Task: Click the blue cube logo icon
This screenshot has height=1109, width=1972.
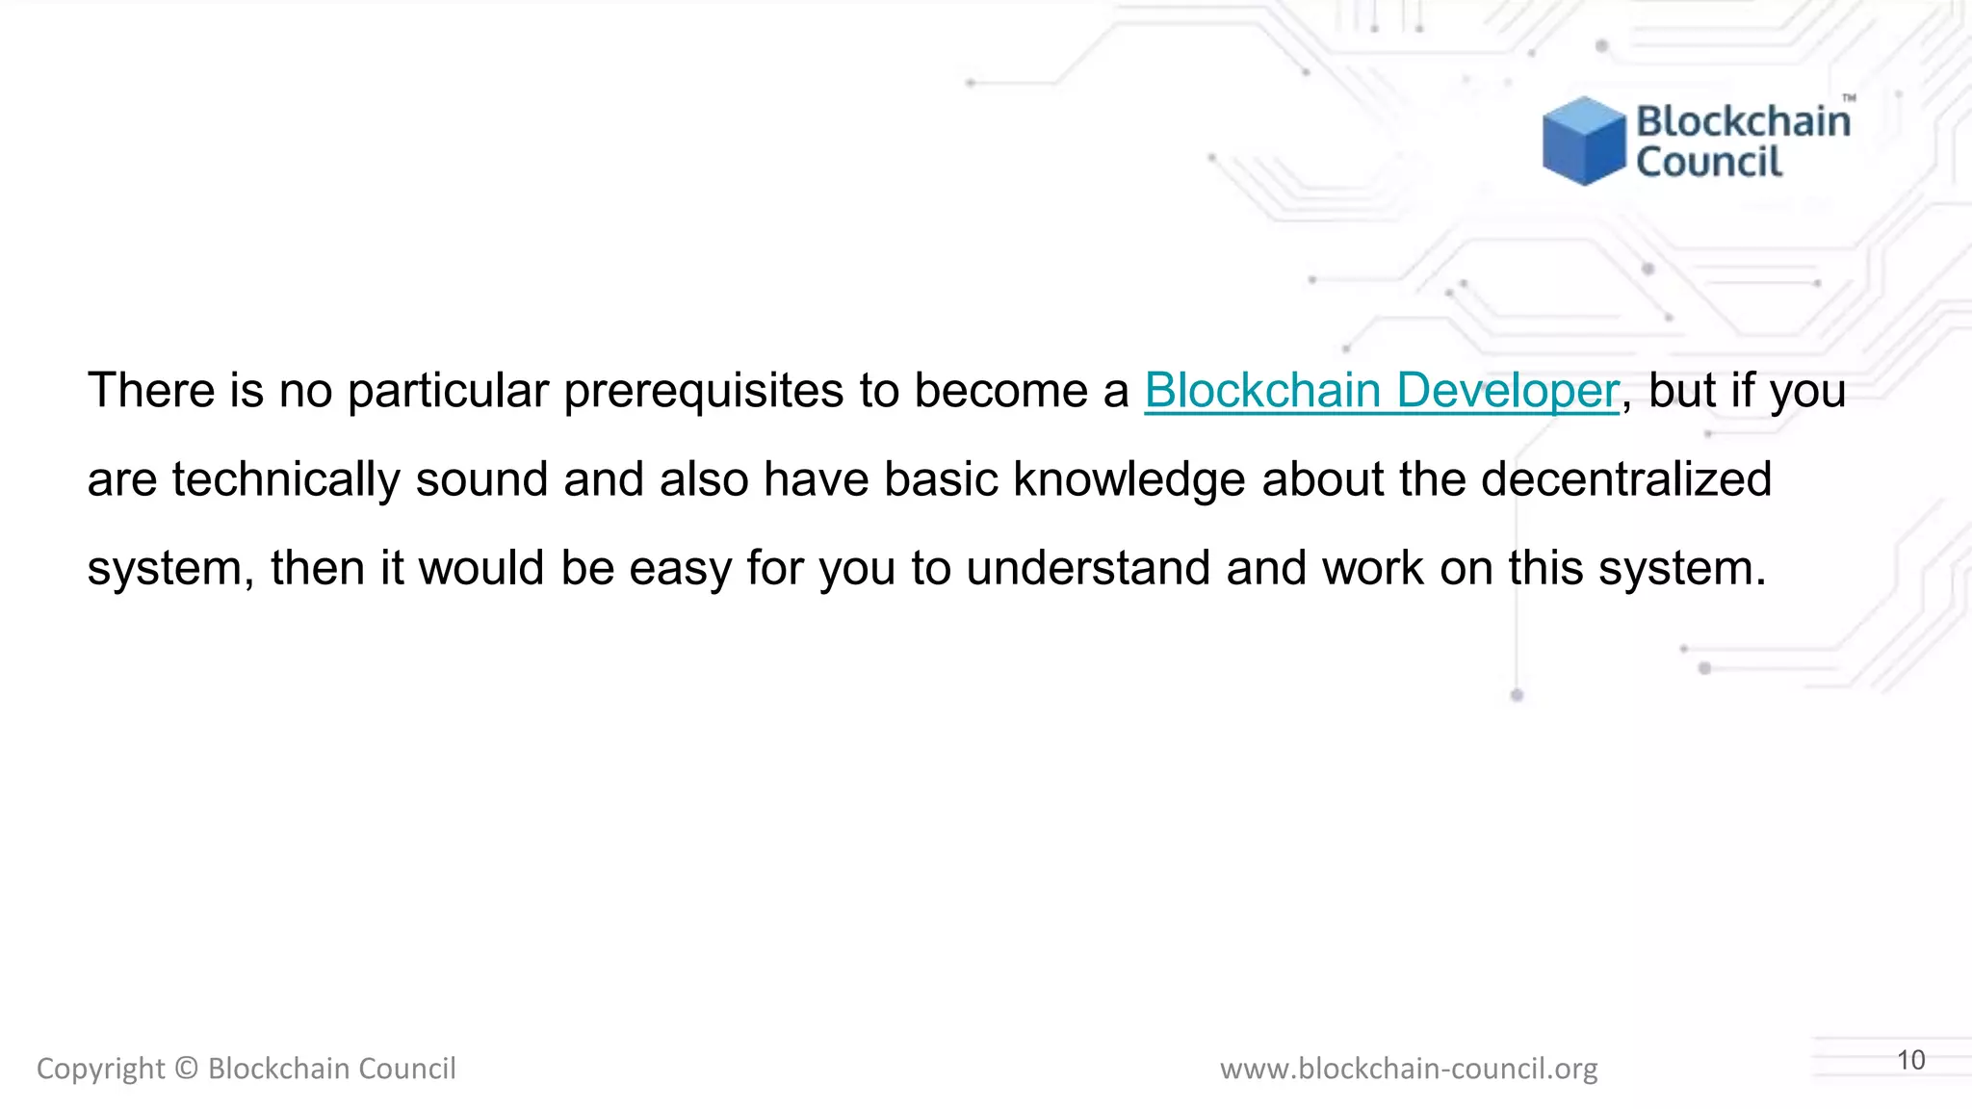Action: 1583,141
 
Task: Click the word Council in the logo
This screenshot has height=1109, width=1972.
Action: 1709,162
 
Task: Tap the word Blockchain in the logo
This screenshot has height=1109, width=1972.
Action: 1743,121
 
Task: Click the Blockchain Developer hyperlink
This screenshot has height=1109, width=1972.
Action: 1381,391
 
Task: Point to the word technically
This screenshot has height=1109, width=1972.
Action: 286,479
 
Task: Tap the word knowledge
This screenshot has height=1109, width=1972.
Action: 1129,479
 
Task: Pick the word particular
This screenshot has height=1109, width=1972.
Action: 448,391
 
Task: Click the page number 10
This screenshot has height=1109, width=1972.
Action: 1910,1060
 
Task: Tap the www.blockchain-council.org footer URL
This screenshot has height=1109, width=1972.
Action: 1408,1069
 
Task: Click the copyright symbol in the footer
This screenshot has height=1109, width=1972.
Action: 187,1069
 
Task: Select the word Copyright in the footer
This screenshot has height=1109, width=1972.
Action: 100,1069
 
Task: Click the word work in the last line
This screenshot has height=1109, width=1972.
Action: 1372,568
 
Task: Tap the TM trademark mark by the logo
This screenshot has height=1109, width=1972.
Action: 1849,98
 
